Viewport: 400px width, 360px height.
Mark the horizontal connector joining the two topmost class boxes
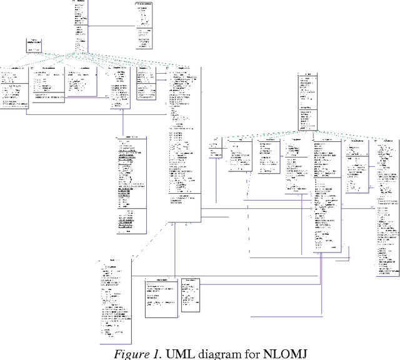pos(112,26)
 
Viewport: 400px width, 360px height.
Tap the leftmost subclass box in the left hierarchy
pos(14,87)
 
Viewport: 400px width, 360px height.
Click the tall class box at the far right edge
pos(387,206)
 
